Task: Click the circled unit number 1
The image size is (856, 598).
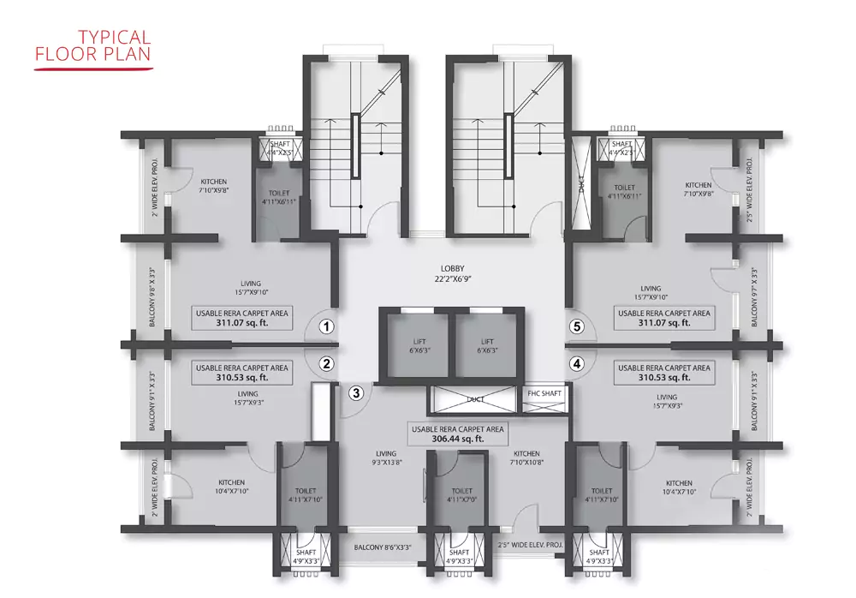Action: point(325,326)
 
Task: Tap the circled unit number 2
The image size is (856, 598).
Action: point(325,363)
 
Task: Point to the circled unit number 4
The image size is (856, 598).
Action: point(577,363)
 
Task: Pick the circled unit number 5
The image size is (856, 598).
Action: point(577,326)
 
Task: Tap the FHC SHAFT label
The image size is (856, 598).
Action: point(544,393)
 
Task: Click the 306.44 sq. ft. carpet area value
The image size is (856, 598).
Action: point(458,438)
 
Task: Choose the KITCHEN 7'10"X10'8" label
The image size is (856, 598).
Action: point(526,457)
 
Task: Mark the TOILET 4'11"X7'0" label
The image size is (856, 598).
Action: point(462,495)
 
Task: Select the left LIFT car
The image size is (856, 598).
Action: point(414,346)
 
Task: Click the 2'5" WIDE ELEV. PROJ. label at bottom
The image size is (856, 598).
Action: point(531,543)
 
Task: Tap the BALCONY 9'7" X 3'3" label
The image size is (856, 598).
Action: point(754,298)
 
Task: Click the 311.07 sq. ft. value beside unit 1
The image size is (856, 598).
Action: point(242,324)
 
